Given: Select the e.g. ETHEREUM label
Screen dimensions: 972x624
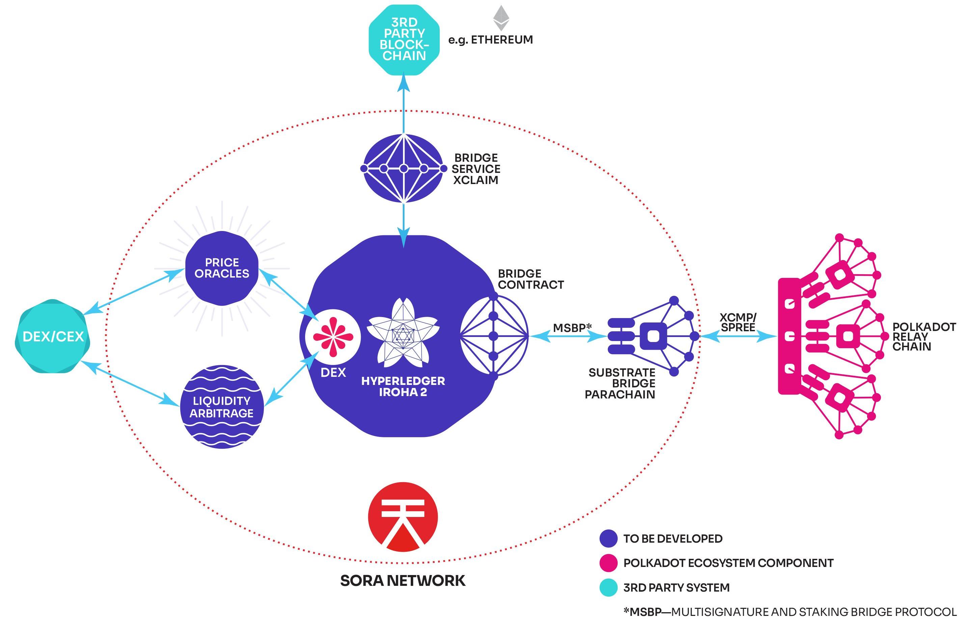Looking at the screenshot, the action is (x=490, y=40).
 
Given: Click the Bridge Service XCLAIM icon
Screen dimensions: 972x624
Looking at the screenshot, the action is (x=404, y=168).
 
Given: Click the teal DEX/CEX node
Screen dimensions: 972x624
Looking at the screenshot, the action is (x=53, y=336).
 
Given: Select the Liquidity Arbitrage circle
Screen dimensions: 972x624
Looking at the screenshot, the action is (x=222, y=407).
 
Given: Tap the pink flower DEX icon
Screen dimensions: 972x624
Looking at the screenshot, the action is (x=332, y=337).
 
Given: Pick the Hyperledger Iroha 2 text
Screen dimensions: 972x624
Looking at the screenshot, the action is (x=403, y=387).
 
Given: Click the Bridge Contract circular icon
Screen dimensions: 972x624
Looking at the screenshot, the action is (x=494, y=336).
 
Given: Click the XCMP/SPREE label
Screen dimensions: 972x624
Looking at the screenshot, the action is (x=738, y=322).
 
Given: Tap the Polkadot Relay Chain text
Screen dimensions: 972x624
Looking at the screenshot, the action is (x=924, y=337).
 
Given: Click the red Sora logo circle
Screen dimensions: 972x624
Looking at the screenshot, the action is (x=403, y=517).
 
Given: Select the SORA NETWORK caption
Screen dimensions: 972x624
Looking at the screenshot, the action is (x=403, y=581).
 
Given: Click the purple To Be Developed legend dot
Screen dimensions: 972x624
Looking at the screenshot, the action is (x=608, y=539).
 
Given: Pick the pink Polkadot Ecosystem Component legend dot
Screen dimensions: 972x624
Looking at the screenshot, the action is (x=608, y=563).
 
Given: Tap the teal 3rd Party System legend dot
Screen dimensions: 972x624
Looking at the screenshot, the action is (x=608, y=588).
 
